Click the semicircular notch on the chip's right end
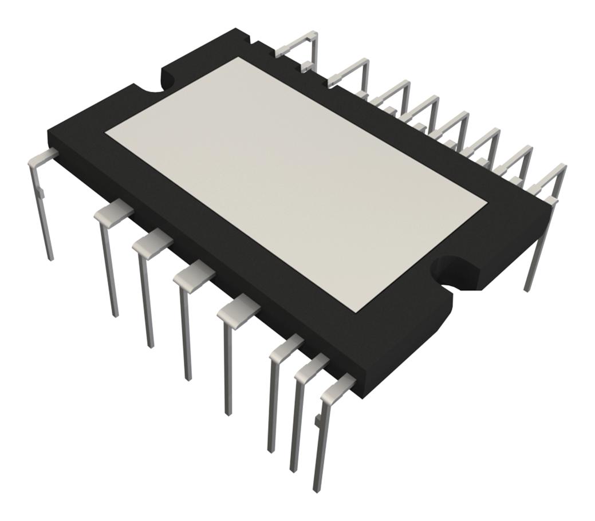click(x=452, y=273)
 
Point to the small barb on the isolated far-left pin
click(x=41, y=195)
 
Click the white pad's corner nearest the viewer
click(x=356, y=311)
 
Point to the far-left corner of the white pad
click(x=105, y=133)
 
